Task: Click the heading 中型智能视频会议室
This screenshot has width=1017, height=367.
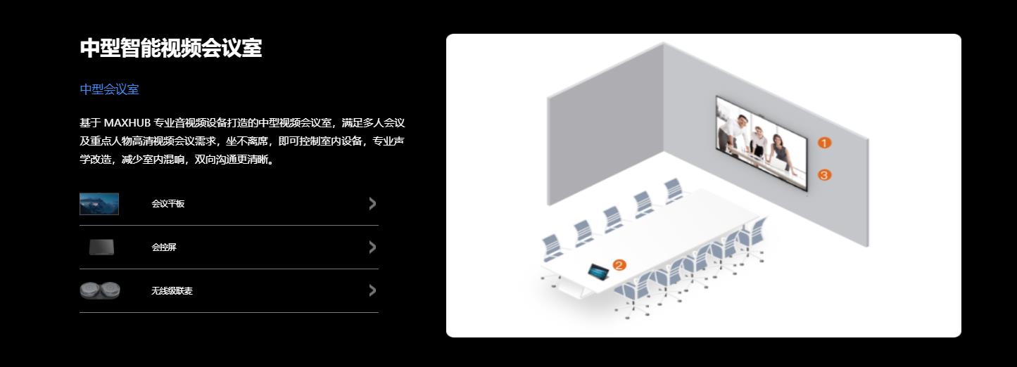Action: coord(171,48)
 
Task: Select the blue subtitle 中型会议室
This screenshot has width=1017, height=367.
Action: coord(109,89)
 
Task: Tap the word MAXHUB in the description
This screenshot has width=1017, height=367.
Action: coord(127,123)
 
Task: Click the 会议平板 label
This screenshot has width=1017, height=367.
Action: coord(168,204)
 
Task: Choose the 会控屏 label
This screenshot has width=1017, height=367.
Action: coord(164,247)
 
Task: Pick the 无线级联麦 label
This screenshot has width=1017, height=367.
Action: coord(172,291)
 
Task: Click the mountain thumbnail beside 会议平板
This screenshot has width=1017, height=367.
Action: coord(99,204)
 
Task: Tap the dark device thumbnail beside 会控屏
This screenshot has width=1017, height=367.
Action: coord(101,247)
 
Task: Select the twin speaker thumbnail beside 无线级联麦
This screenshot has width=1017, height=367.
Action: coord(100,290)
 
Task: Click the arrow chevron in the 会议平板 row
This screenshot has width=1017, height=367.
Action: coord(372,204)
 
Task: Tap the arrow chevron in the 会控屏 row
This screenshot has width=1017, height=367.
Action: coord(372,247)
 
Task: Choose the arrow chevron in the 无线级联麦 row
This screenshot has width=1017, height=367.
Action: coord(372,290)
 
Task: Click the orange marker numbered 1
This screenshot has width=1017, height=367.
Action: coord(824,143)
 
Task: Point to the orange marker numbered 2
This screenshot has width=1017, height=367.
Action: coord(619,265)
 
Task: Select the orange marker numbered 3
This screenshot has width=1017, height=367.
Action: coord(824,174)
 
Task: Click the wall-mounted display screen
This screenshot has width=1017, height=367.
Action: coord(762,143)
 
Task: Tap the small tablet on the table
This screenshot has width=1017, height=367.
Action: coord(598,271)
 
